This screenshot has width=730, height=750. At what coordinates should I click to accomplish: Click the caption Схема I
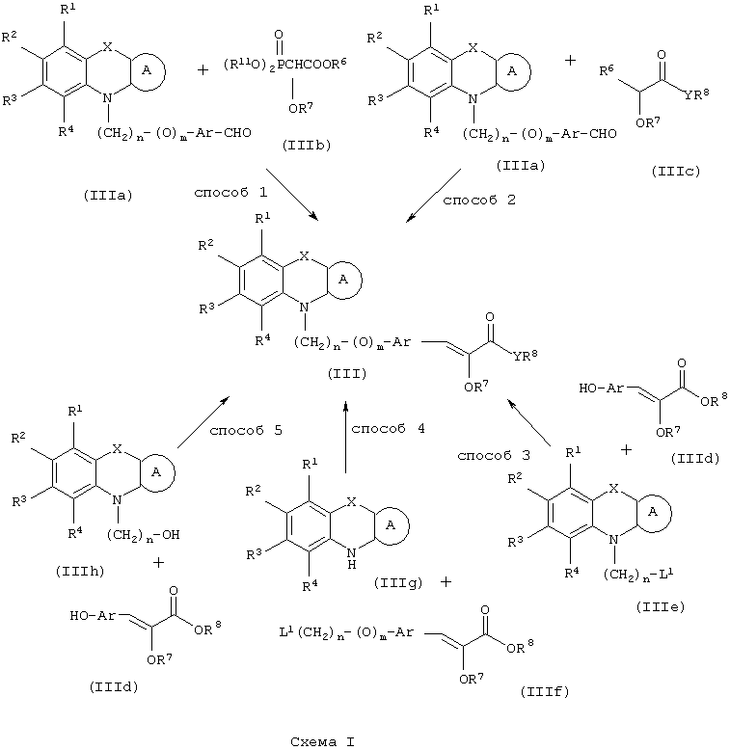(322, 742)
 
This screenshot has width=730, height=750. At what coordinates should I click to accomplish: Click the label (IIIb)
(307, 145)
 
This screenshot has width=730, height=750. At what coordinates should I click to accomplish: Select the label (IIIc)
(675, 172)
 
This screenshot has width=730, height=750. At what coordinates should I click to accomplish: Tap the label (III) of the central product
(347, 374)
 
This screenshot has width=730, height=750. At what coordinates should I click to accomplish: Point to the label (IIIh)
(80, 571)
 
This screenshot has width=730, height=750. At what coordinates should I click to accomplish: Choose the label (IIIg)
(398, 583)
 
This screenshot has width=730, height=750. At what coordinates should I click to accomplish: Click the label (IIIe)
(661, 607)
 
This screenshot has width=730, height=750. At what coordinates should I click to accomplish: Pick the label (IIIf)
(545, 691)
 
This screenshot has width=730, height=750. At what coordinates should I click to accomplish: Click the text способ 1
(230, 193)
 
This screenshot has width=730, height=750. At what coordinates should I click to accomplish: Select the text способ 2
(479, 200)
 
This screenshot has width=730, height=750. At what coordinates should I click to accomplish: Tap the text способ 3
(494, 456)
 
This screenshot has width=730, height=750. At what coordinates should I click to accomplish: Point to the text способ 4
(388, 429)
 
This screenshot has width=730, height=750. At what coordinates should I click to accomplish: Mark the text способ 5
(246, 431)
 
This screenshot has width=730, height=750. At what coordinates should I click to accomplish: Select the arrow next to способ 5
(203, 422)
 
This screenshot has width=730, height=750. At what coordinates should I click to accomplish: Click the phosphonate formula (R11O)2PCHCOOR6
(285, 65)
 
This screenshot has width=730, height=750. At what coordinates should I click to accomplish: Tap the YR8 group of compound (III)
(526, 356)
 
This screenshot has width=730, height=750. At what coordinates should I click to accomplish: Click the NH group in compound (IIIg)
(352, 559)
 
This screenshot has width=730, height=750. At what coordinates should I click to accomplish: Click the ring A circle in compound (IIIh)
(175, 472)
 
